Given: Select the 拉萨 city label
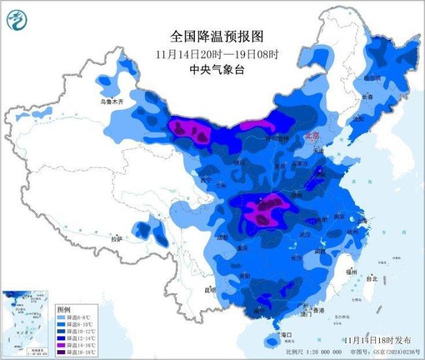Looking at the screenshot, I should [x=117, y=240].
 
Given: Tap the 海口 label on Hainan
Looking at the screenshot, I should [x=285, y=334].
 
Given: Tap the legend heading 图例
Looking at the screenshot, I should [x=63, y=309].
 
